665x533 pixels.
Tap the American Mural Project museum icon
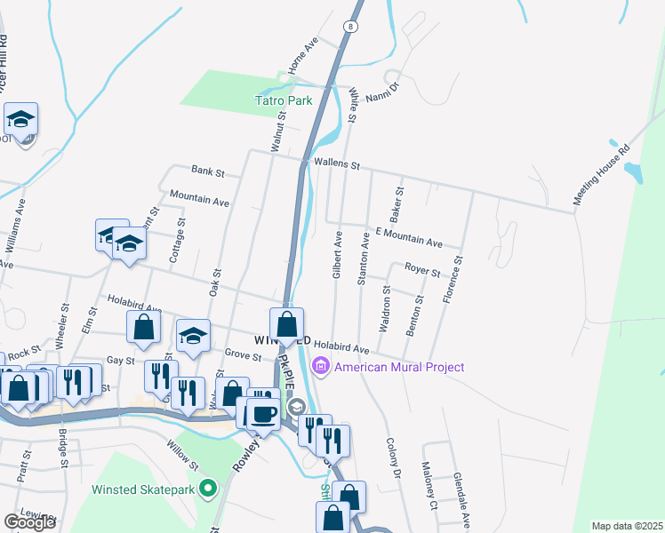pos(320,366)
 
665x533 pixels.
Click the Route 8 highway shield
pos(352,27)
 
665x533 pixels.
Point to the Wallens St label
pos(336,164)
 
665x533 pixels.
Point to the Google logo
pos(29,522)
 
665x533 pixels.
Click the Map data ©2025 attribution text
pos(627,526)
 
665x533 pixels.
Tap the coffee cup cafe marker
pos(262,412)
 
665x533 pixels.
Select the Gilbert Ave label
pos(337,257)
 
